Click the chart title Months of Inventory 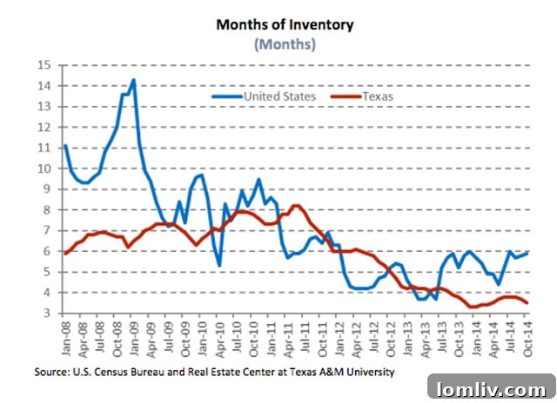(x=285, y=24)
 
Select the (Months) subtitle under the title (x=285, y=44)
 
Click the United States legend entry (x=271, y=96)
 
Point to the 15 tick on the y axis (x=45, y=65)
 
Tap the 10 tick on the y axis (x=45, y=168)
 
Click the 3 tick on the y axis (x=49, y=314)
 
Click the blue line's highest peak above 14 (x=133, y=80)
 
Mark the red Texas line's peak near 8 (x=296, y=206)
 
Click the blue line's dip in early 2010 (x=218, y=265)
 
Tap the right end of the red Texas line (x=527, y=302)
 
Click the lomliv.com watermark (x=492, y=386)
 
